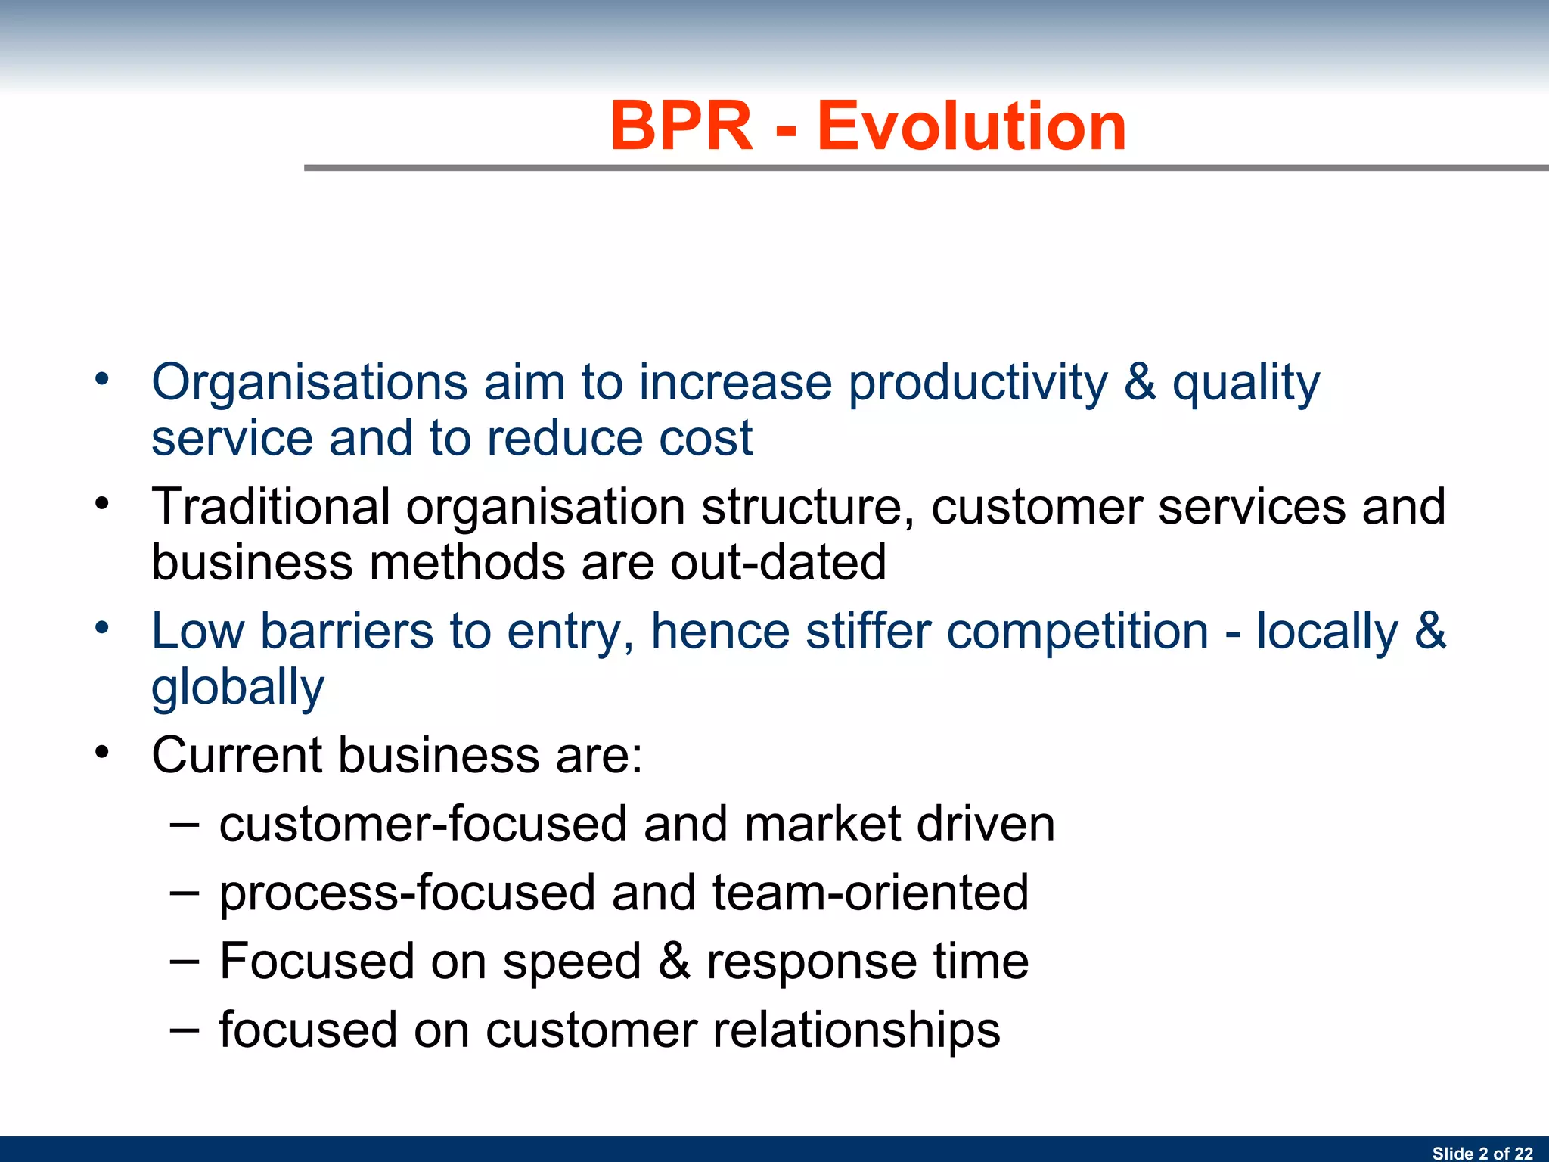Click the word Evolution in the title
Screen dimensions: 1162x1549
971,126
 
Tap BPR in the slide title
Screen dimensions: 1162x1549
681,126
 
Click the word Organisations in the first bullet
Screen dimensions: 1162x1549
309,382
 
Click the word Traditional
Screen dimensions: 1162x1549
271,506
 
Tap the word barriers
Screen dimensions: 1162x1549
347,631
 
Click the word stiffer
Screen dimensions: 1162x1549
868,631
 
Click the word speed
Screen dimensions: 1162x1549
572,962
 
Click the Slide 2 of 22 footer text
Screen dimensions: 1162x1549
1482,1153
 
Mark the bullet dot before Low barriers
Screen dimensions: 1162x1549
102,627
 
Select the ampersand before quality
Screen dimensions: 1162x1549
1139,382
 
